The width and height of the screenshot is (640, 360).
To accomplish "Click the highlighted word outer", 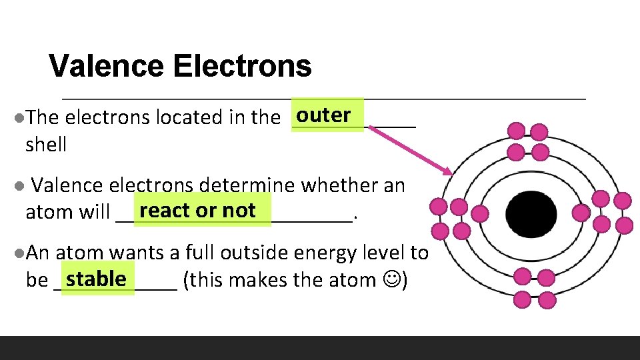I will point(324,115).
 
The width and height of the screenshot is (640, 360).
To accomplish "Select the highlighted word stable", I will point(96,278).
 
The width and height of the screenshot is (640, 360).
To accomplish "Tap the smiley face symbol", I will point(392,279).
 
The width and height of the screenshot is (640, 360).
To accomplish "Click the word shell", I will point(46,145).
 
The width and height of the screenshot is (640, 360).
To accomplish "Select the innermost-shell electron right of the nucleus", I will point(581,213).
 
